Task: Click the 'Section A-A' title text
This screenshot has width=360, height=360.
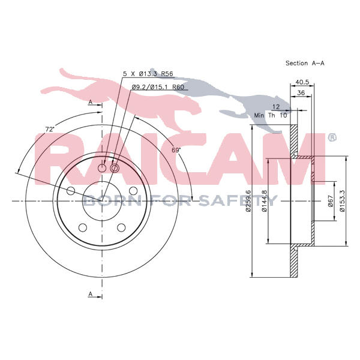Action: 305,63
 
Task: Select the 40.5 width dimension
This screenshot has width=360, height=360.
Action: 302,82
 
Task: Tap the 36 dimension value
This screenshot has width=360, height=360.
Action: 301,93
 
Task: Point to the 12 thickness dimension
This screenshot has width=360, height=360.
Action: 276,107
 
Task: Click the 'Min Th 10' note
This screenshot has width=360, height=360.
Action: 271,115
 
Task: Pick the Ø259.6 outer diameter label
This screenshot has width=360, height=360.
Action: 248,200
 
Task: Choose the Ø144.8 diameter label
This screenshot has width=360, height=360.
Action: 264,201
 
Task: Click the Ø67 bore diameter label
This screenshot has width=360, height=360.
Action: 331,201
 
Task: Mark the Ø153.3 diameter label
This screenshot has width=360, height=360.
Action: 342,201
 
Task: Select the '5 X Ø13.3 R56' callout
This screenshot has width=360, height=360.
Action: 148,74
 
